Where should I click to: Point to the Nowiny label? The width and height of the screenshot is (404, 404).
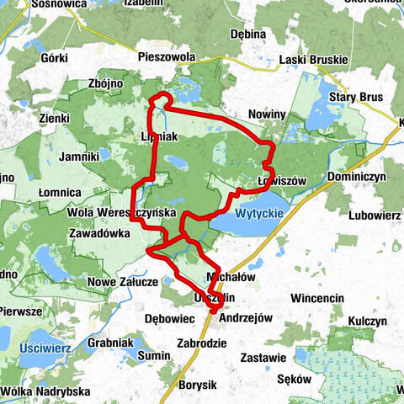tap(268, 114)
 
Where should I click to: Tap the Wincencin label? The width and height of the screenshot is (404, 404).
tap(317, 298)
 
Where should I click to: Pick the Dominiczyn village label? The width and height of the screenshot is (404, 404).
tap(356, 178)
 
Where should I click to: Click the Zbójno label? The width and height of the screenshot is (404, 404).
tap(105, 85)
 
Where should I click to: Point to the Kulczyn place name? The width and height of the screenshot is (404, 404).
tap(369, 322)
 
